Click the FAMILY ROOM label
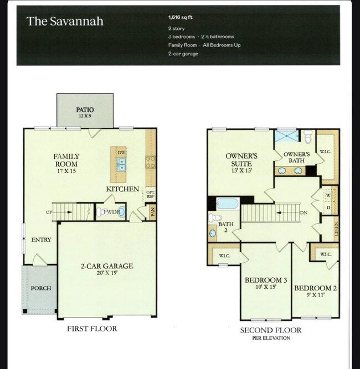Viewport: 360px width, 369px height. click(66, 160)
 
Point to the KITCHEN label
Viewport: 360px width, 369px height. click(122, 189)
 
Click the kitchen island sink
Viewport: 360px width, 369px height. click(120, 165)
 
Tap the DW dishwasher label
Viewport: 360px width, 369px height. click(121, 152)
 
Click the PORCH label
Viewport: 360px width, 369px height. click(40, 288)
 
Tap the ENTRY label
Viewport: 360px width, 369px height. click(41, 240)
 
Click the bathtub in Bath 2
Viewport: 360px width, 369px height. click(227, 203)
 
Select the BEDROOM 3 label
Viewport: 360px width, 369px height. click(266, 284)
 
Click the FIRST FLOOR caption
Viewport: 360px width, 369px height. click(92, 329)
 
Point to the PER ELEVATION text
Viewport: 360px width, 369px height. click(270, 338)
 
